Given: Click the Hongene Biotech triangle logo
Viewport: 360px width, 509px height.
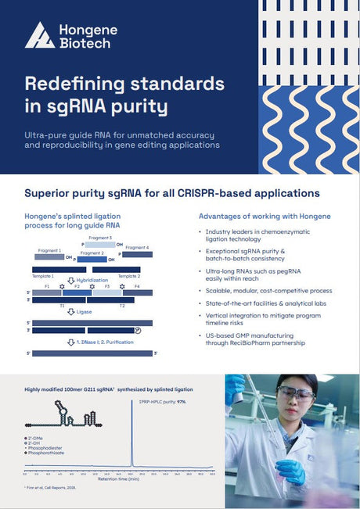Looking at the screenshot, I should coord(39,35).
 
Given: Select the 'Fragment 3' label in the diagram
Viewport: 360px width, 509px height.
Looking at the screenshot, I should coord(100,237).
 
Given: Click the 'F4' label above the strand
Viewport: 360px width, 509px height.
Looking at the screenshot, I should coord(137,287).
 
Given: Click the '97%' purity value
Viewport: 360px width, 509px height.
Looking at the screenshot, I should coord(181,402).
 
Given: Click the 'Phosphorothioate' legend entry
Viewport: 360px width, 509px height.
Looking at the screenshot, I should coord(47,454).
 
